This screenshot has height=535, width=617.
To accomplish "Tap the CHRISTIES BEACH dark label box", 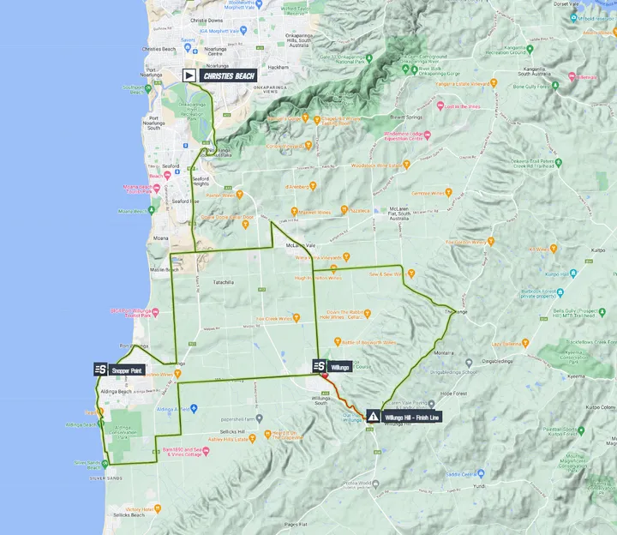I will tap(228, 75).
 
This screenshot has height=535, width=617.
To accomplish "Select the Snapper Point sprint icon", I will tap(101, 370).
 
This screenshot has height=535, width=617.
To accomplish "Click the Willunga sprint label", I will tap(339, 366).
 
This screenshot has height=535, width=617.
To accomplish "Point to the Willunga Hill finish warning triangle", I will tap(373, 416).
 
